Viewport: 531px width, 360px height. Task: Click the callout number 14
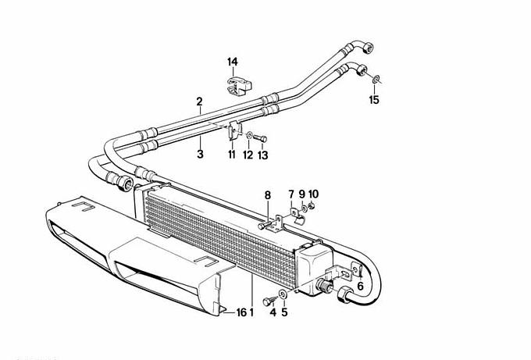[233, 62]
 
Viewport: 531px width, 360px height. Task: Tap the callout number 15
[374, 100]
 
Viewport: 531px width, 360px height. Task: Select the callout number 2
[199, 102]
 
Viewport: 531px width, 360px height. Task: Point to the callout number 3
[200, 154]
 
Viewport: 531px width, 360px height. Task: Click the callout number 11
[232, 155]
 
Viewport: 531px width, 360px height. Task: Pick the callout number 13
[263, 155]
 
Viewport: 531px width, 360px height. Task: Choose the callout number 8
[268, 195]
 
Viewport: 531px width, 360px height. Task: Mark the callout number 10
[313, 194]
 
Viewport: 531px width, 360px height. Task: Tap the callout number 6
[360, 286]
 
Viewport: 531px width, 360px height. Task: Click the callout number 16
[241, 312]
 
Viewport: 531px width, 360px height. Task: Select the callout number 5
[284, 312]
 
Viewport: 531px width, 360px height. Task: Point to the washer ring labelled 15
[376, 80]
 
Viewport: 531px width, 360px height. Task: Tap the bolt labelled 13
[260, 138]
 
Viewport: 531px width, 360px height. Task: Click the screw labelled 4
[270, 301]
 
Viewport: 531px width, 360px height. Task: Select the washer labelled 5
[283, 294]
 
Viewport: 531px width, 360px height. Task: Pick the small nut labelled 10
[312, 205]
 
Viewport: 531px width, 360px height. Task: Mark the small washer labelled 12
[249, 136]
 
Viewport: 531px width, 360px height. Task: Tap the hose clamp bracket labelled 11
[234, 131]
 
